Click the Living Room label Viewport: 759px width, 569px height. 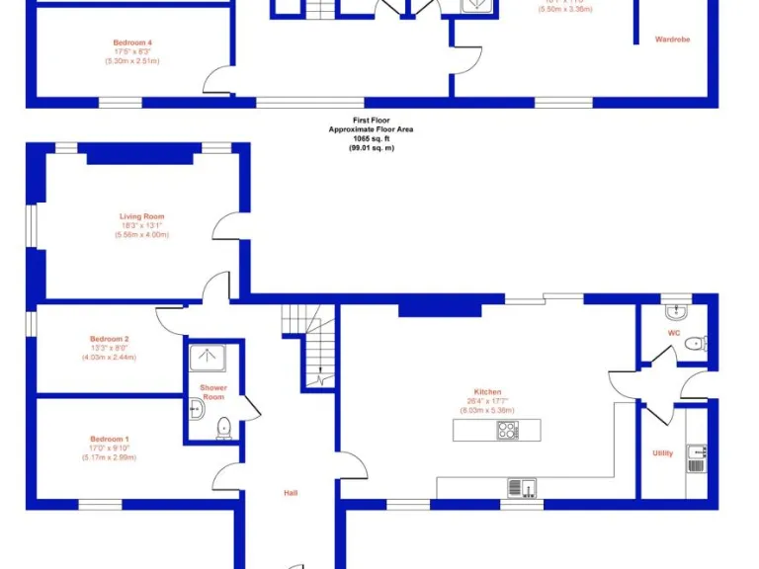click(x=142, y=216)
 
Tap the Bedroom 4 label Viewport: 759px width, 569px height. click(x=132, y=43)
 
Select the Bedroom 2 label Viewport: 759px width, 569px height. click(x=110, y=339)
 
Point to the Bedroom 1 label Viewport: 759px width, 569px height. click(x=110, y=439)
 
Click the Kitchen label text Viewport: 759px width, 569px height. click(x=487, y=392)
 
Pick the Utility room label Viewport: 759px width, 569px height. click(x=662, y=453)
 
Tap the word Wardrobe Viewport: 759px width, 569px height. click(x=672, y=40)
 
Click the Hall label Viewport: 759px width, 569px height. click(x=291, y=493)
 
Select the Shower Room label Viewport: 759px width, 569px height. click(x=213, y=392)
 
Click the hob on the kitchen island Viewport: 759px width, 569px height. click(x=508, y=430)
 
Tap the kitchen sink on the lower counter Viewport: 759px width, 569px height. click(x=520, y=487)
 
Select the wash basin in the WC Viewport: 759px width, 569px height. click(x=676, y=312)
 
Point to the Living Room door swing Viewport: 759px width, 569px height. click(x=225, y=225)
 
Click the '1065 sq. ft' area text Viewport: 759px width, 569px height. click(x=371, y=138)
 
